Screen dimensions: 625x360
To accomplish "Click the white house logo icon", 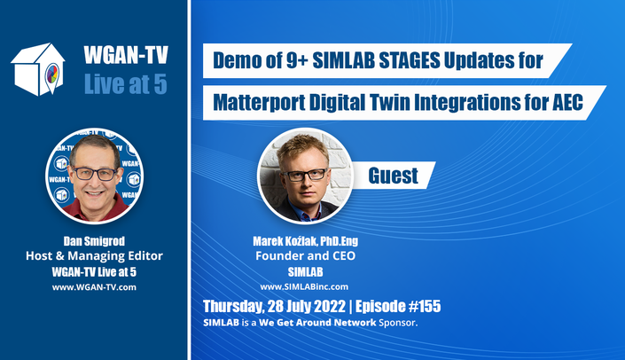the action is coord(38,69).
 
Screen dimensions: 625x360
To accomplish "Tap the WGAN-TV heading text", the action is coord(126,55).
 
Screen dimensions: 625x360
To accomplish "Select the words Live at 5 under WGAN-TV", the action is coord(126,84).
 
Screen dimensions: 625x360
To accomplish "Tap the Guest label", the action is coord(393,176).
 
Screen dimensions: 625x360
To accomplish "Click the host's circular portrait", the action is coord(95,176).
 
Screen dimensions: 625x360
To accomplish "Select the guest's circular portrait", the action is coord(305,176).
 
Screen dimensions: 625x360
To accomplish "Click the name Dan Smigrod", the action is coord(94,241).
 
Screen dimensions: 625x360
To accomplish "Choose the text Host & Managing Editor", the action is coord(94,255).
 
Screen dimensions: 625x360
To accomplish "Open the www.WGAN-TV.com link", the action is coord(94,287).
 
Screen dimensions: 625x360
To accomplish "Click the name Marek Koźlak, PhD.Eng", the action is coord(305,241).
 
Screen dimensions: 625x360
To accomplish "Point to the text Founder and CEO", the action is coord(305,255).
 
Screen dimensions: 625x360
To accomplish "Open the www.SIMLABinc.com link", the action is coord(304,286).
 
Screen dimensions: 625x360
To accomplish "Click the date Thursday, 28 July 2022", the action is coord(274,306).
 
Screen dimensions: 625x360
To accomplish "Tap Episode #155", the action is coord(398,306).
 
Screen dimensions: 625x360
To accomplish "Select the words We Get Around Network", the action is coord(317,323).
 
